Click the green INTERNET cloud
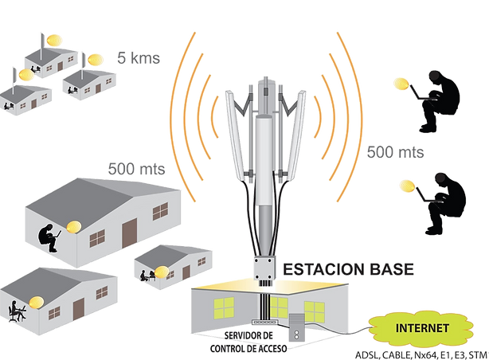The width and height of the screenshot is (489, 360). [421, 329]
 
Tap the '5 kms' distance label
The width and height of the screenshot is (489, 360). [139, 58]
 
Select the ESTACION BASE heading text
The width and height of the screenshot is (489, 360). [348, 269]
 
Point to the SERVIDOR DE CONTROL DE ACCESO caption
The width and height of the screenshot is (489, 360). [248, 342]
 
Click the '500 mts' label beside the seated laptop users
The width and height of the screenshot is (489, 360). [396, 152]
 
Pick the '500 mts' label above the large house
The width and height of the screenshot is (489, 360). [137, 169]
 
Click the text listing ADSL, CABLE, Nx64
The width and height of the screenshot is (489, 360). [421, 355]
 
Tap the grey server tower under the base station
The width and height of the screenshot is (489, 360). [296, 327]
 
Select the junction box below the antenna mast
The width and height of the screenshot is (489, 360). [264, 268]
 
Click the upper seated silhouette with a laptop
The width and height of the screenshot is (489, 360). [440, 100]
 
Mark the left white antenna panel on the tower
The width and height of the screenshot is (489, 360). [236, 135]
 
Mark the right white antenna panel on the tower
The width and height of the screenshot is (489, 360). [295, 135]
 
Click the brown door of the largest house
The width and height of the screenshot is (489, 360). [129, 233]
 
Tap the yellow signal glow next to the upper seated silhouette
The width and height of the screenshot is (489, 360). [401, 84]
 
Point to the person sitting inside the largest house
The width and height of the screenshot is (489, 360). [49, 237]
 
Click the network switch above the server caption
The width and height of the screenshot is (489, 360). [264, 322]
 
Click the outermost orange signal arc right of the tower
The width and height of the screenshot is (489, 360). [362, 117]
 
